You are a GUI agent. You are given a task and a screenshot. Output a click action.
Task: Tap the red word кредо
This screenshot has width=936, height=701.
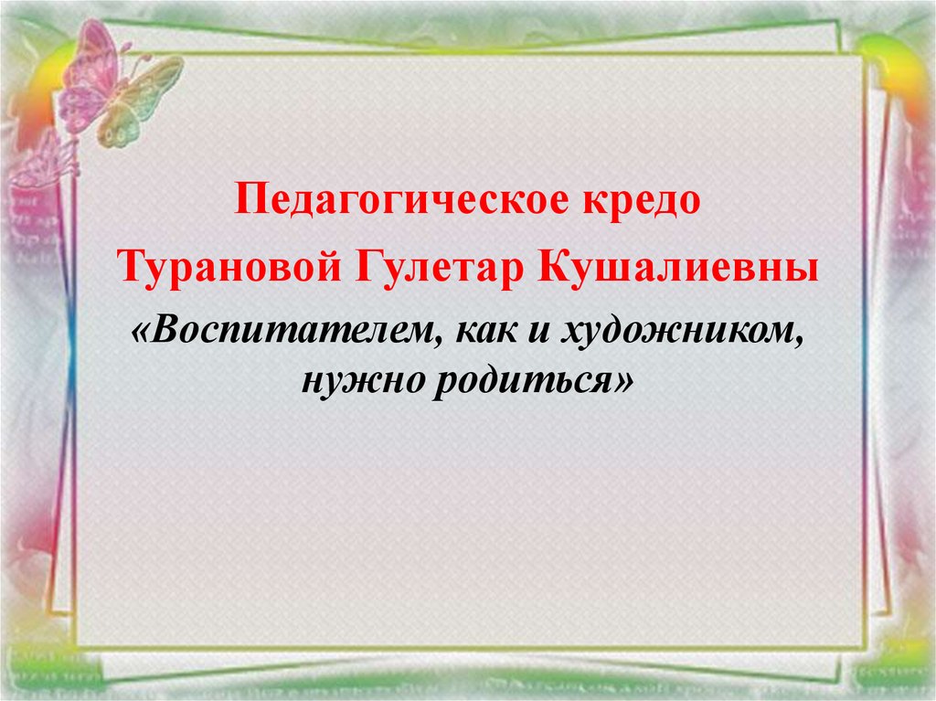(641, 198)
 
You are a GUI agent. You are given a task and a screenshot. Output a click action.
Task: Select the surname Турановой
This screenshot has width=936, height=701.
(229, 267)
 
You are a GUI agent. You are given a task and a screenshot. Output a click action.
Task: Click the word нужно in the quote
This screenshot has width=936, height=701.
(362, 379)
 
